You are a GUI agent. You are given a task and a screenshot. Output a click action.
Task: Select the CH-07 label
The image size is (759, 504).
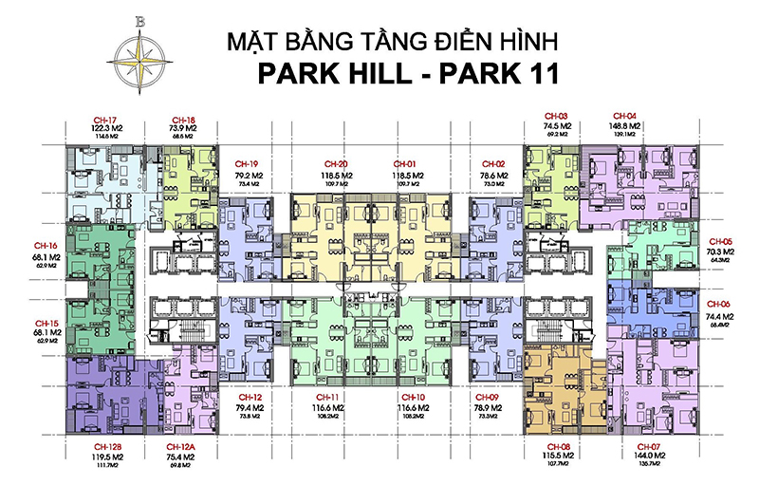point(649,446)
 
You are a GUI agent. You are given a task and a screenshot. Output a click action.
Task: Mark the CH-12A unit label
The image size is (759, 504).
point(179,446)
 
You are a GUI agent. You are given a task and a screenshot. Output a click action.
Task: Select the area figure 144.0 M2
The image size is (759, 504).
point(649,457)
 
